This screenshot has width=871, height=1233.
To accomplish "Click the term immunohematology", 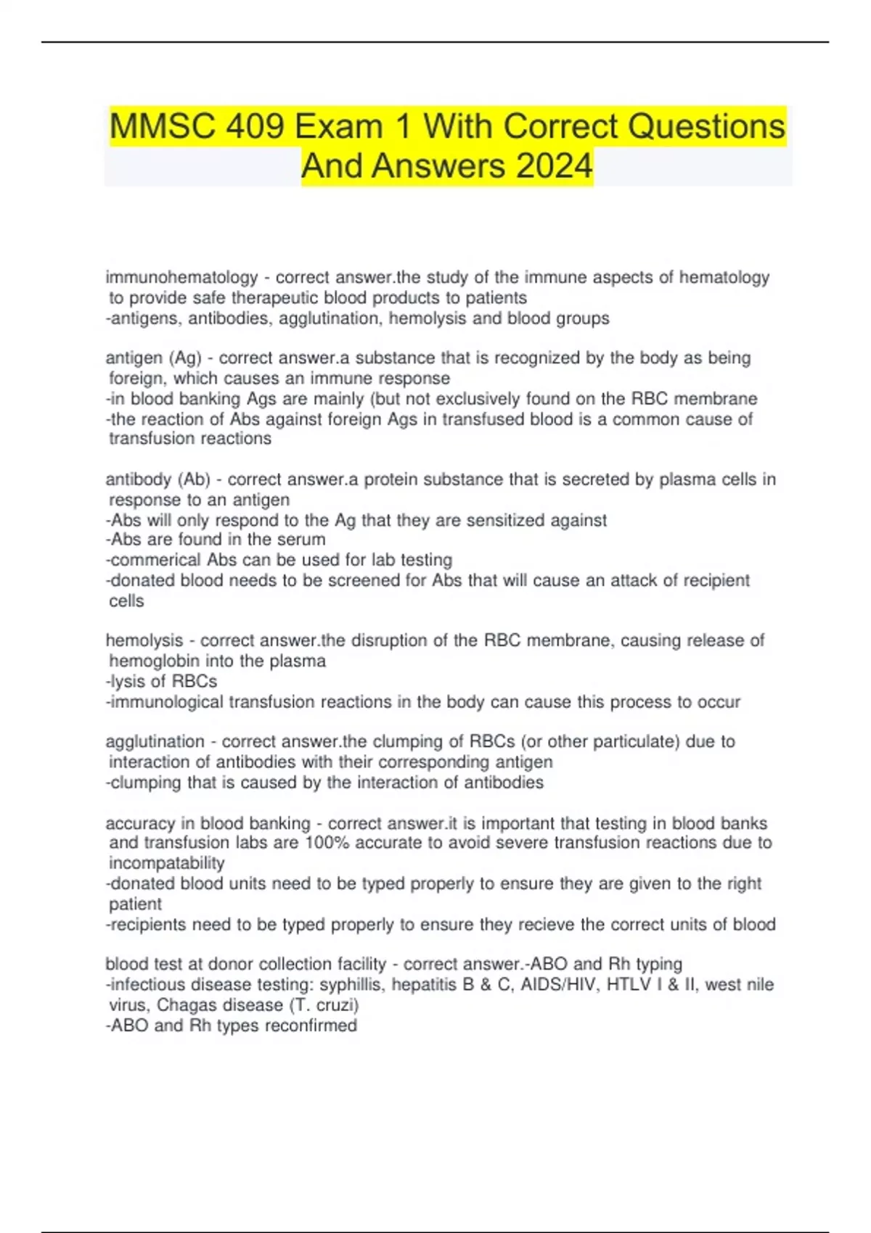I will [181, 277].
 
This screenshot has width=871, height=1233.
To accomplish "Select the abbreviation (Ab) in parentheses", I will [194, 479].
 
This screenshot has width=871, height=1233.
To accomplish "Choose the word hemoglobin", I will [155, 661].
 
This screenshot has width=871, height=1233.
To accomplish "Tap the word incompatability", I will [166, 863].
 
